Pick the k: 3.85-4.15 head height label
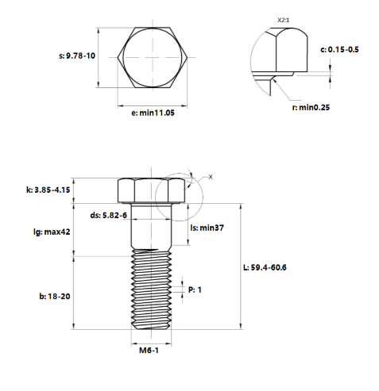tap(48, 190)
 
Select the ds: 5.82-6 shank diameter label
tap(109, 215)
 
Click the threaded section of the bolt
tap(151, 289)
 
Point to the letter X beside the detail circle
tap(211, 176)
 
